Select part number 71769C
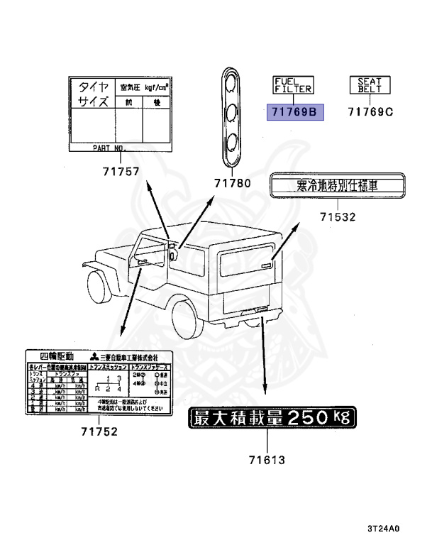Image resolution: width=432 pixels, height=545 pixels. [x=370, y=112]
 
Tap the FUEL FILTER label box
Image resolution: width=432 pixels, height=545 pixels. [x=294, y=86]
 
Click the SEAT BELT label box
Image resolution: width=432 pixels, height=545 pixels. [x=369, y=86]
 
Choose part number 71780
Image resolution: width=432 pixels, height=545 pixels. [x=233, y=183]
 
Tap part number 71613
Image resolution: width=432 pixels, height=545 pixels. [x=267, y=459]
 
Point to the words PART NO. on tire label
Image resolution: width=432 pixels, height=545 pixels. [x=109, y=149]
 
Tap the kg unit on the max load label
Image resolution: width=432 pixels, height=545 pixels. [x=341, y=417]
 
